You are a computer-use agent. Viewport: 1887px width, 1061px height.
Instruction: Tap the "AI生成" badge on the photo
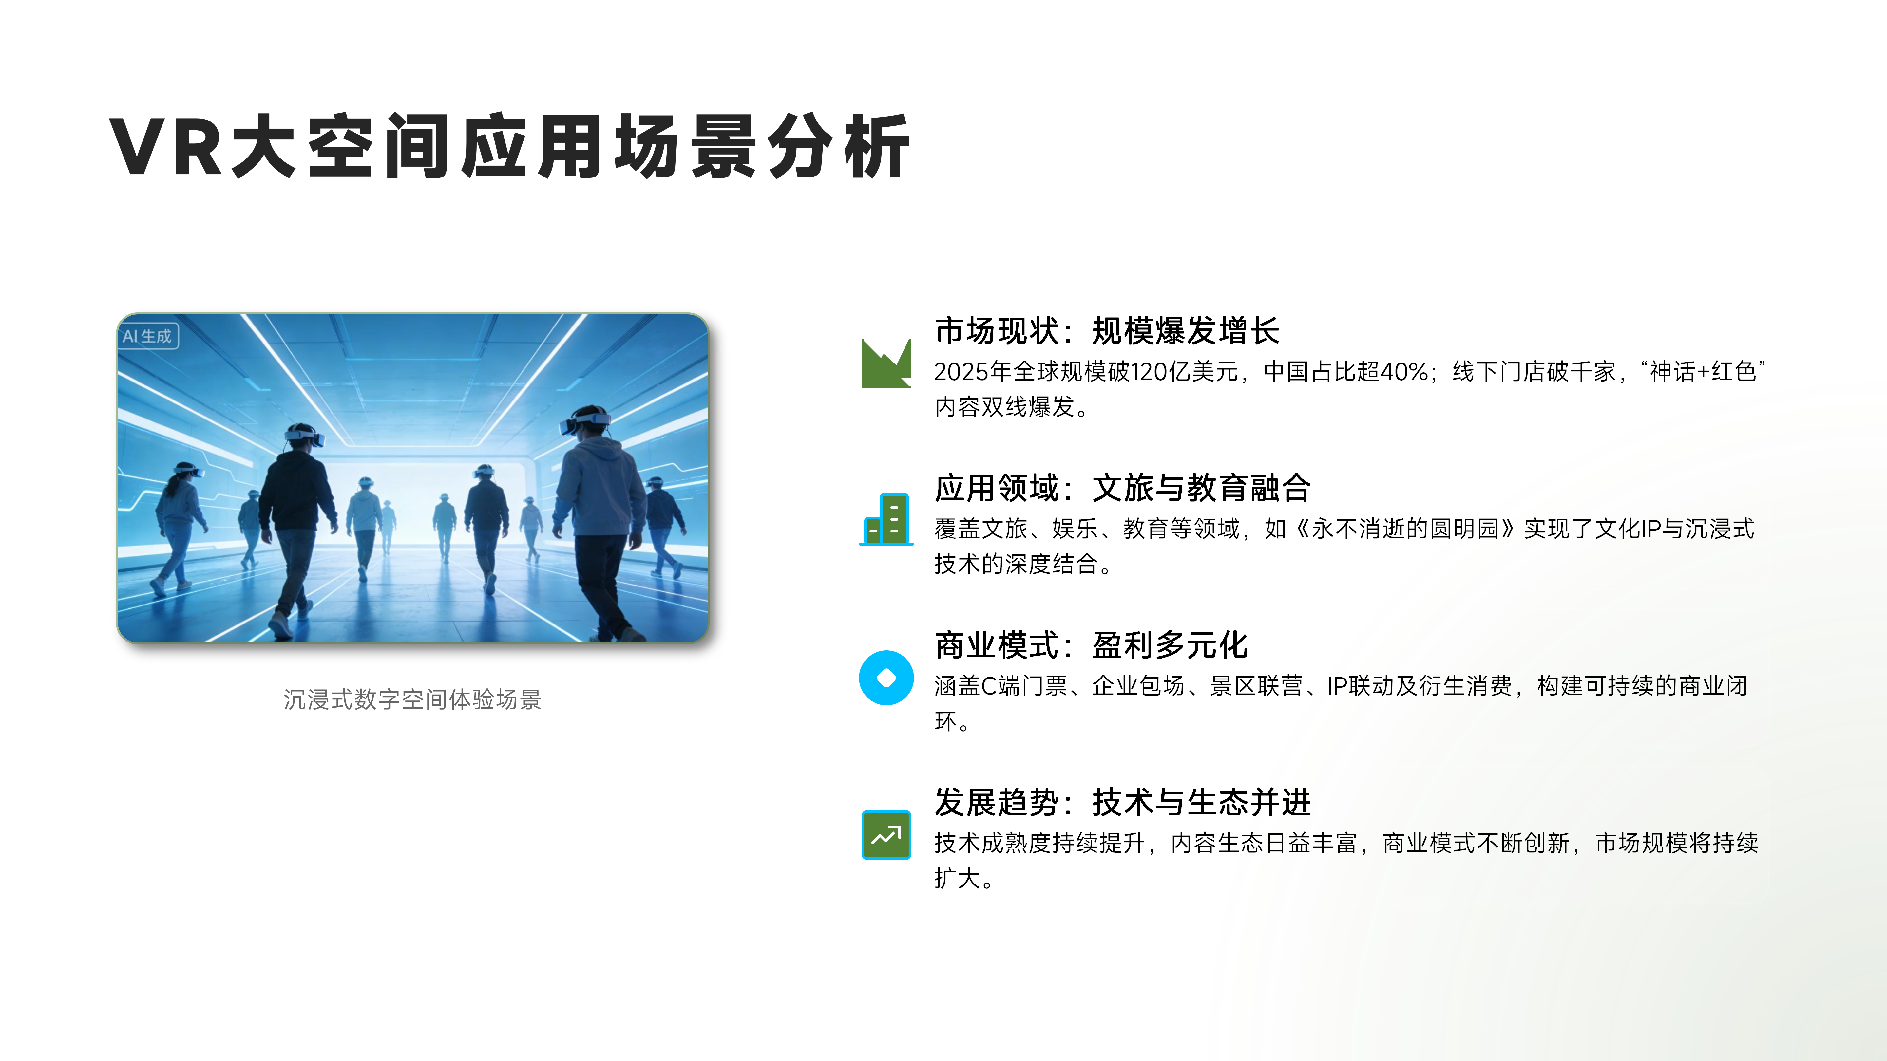pos(147,336)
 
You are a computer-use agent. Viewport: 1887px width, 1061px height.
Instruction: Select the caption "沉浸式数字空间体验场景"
pos(412,699)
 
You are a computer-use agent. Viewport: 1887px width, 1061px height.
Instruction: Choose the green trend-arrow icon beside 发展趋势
pos(886,835)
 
